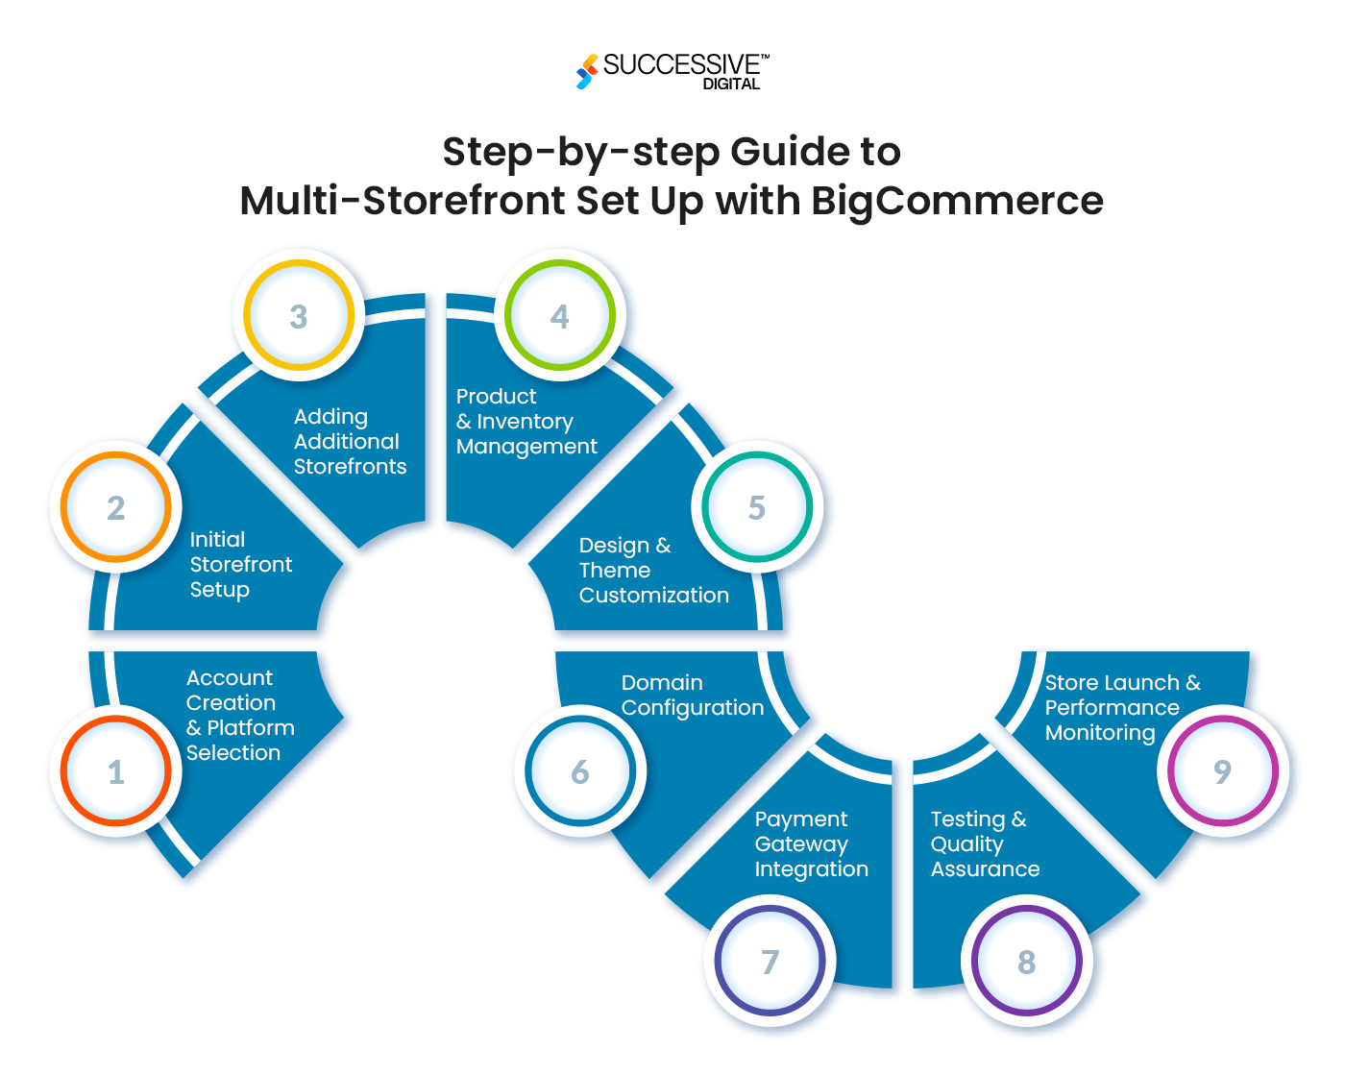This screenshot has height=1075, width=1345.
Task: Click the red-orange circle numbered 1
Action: [115, 771]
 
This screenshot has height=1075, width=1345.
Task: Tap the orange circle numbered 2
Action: [115, 507]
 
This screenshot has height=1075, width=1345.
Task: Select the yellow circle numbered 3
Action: [299, 316]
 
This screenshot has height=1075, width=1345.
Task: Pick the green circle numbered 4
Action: [560, 316]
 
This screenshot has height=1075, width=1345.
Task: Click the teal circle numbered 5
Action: [757, 507]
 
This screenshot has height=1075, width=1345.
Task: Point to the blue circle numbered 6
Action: [580, 771]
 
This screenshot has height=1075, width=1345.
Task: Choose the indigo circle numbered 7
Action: [770, 962]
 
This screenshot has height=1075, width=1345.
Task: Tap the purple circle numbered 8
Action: [1027, 962]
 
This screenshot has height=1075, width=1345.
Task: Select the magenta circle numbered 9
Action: [1222, 771]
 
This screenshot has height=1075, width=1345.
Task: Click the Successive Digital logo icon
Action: [587, 72]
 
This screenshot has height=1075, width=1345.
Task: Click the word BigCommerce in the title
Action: [957, 201]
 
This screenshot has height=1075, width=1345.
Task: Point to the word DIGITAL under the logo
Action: [731, 85]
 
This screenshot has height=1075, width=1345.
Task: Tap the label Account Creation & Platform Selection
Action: [239, 716]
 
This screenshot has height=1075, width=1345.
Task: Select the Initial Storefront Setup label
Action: [240, 565]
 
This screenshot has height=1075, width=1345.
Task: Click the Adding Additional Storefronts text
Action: [350, 442]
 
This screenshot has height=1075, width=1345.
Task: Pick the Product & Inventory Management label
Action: [526, 422]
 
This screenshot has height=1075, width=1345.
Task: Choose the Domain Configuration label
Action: [692, 696]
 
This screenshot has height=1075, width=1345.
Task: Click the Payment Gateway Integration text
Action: [811, 844]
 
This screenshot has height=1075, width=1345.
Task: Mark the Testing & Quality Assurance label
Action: [985, 844]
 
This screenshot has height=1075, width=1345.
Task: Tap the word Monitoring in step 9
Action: [1100, 733]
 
